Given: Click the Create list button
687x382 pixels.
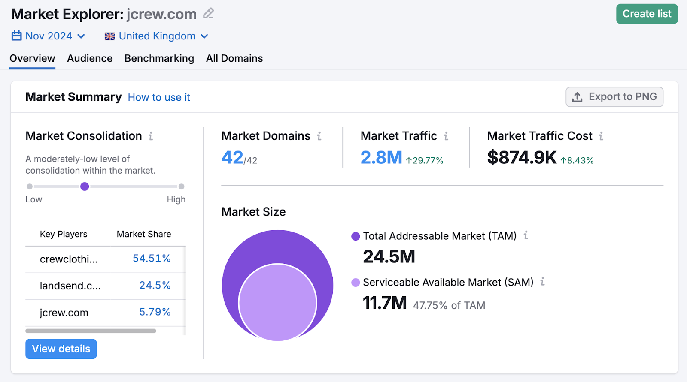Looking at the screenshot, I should click(x=647, y=14).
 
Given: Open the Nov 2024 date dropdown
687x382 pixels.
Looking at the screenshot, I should click(x=48, y=36).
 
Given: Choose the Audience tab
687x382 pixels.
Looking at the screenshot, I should click(x=90, y=58).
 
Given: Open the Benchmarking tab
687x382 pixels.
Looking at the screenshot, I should click(x=159, y=58).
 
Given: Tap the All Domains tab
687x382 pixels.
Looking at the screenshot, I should click(x=234, y=58).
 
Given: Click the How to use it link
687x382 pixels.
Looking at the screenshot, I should click(x=159, y=97).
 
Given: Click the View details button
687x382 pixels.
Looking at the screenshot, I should click(x=61, y=349).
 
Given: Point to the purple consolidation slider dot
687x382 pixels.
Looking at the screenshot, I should click(x=85, y=186).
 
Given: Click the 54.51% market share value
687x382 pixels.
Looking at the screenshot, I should click(x=152, y=259).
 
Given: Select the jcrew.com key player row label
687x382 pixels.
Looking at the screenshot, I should click(x=64, y=313).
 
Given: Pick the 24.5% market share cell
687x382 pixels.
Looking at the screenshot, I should click(x=155, y=286).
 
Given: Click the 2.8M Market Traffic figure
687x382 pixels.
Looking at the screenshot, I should click(x=381, y=158).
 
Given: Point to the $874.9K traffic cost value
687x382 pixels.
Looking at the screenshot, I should click(x=522, y=158).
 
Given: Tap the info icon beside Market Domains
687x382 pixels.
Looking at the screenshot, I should click(x=319, y=136).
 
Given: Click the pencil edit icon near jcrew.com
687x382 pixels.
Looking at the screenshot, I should click(x=208, y=14).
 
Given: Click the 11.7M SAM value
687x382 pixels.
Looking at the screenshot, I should click(x=385, y=303).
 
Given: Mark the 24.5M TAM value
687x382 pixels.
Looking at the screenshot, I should click(x=389, y=257).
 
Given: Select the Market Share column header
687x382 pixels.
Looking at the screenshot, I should click(x=144, y=234).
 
